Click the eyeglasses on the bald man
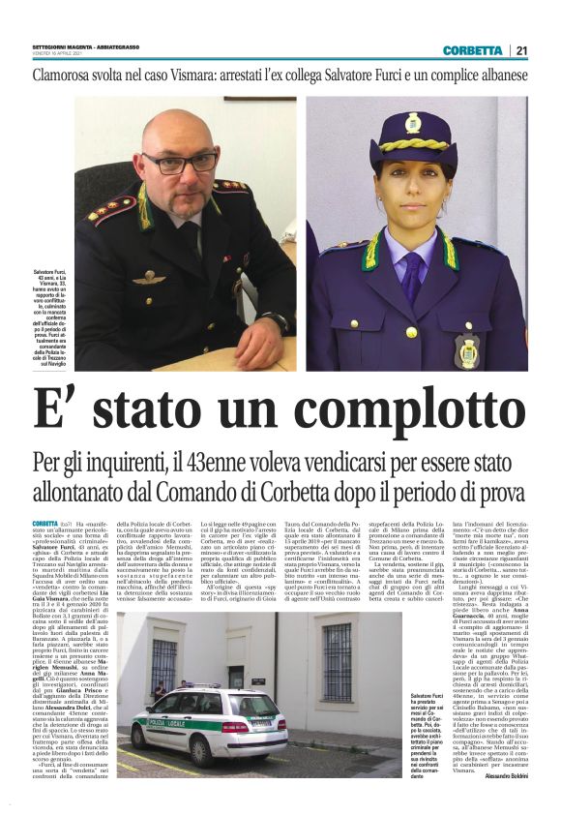point(180,160)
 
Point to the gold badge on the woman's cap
point(413,124)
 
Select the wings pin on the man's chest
point(148,277)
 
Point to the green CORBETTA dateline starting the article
point(44,524)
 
